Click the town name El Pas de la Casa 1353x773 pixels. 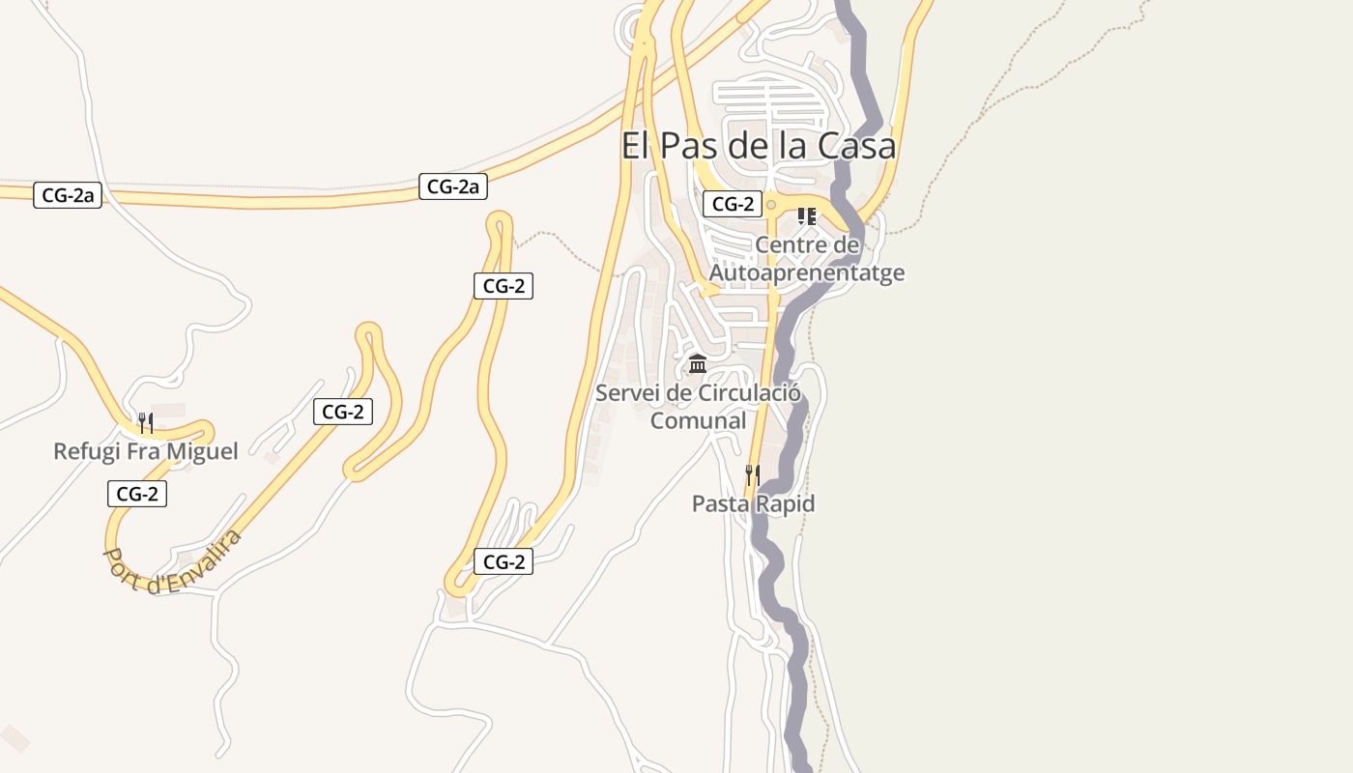point(758,147)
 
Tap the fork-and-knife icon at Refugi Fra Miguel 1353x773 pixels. point(145,422)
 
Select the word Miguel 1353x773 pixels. point(202,451)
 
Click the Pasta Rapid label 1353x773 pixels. point(753,503)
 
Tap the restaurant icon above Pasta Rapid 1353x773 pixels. point(752,474)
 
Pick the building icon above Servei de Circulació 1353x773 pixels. point(697,364)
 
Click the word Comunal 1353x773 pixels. point(698,421)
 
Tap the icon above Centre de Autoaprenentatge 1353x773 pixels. point(807,216)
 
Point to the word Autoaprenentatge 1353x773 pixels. point(807,272)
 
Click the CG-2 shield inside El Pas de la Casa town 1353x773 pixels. point(733,204)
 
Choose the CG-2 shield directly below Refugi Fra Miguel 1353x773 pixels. point(136,494)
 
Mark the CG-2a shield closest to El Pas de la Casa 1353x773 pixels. point(452,186)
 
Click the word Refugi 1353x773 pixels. point(84,451)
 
